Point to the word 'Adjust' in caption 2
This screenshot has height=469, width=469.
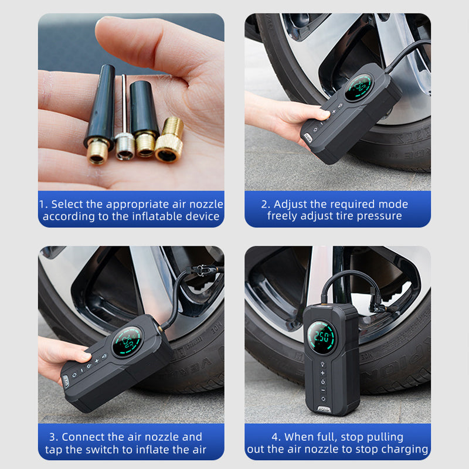pyautogui.click(x=291, y=204)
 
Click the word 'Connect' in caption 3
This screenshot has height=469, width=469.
pyautogui.click(x=84, y=437)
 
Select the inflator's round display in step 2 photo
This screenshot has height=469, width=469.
pyautogui.click(x=359, y=87)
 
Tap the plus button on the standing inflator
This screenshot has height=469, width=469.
pyautogui.click(x=322, y=373)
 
